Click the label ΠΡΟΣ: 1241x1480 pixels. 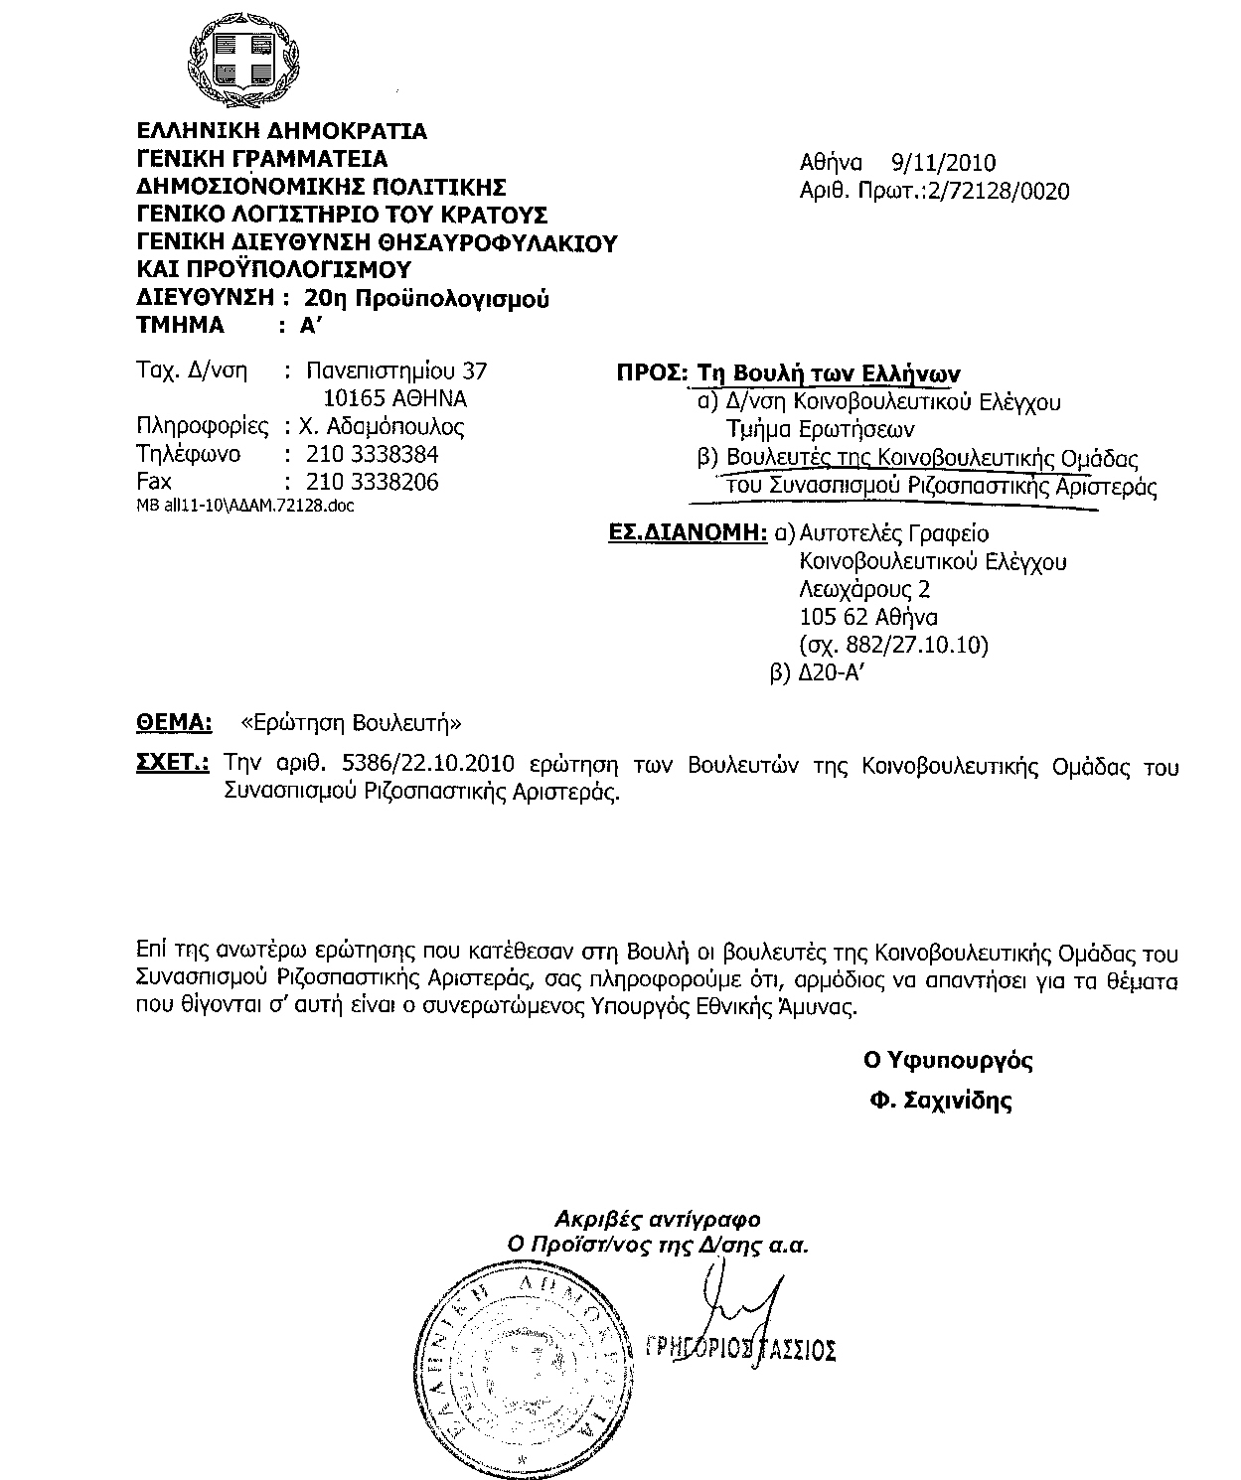pos(652,374)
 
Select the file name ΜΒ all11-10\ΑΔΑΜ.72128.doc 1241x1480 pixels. pos(244,506)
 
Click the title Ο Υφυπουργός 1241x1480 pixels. pos(948,1061)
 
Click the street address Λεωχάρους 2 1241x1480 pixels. pos(864,589)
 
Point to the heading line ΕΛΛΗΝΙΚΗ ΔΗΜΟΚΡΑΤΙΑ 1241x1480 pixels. pos(281,131)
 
